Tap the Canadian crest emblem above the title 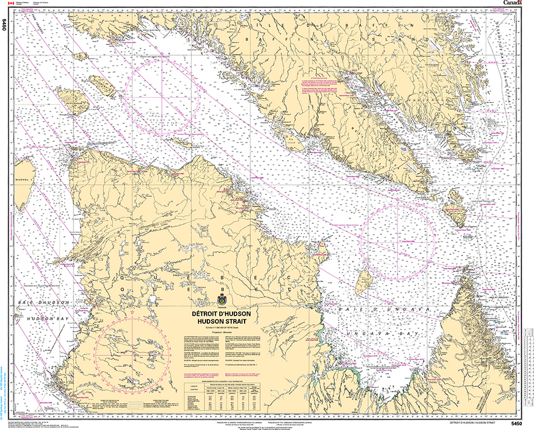pyautogui.click(x=223, y=300)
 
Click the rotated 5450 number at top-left pyautogui.click(x=5, y=25)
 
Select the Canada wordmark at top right pyautogui.click(x=513, y=3)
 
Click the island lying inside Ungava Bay pyautogui.click(x=364, y=281)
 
